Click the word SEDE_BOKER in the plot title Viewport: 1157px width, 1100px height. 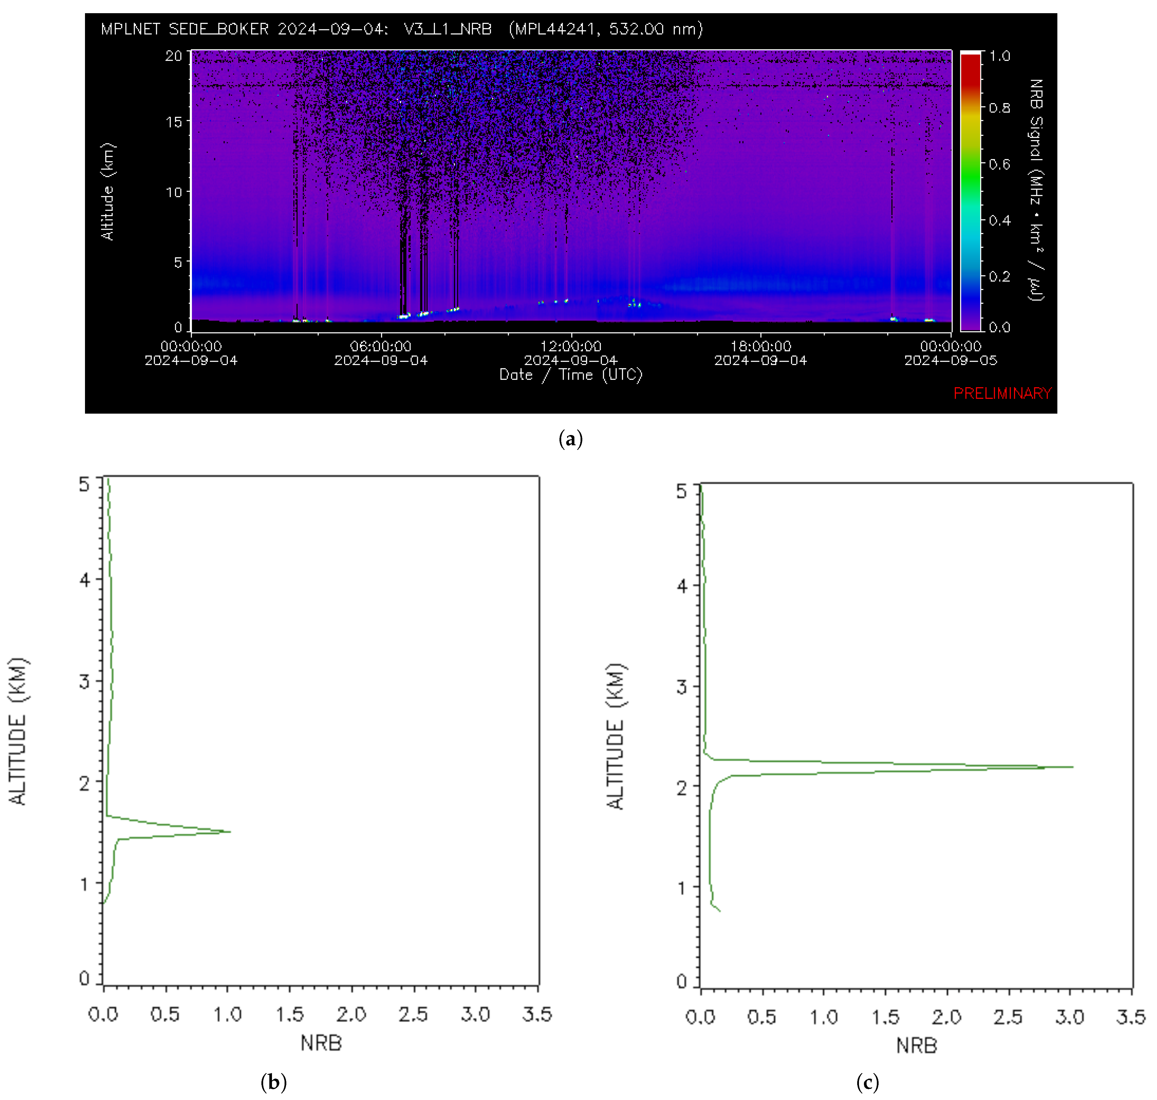[218, 29]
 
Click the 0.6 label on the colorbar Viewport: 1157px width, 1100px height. [999, 164]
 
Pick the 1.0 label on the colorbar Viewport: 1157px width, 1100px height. [999, 56]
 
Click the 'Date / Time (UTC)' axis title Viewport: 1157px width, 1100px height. [570, 375]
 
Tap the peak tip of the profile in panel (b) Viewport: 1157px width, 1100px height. [230, 831]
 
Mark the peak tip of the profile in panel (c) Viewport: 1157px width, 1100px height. [1073, 766]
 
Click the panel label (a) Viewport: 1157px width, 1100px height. [570, 439]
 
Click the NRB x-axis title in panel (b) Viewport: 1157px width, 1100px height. [321, 1043]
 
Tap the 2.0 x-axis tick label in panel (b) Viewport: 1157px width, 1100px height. [351, 1014]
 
